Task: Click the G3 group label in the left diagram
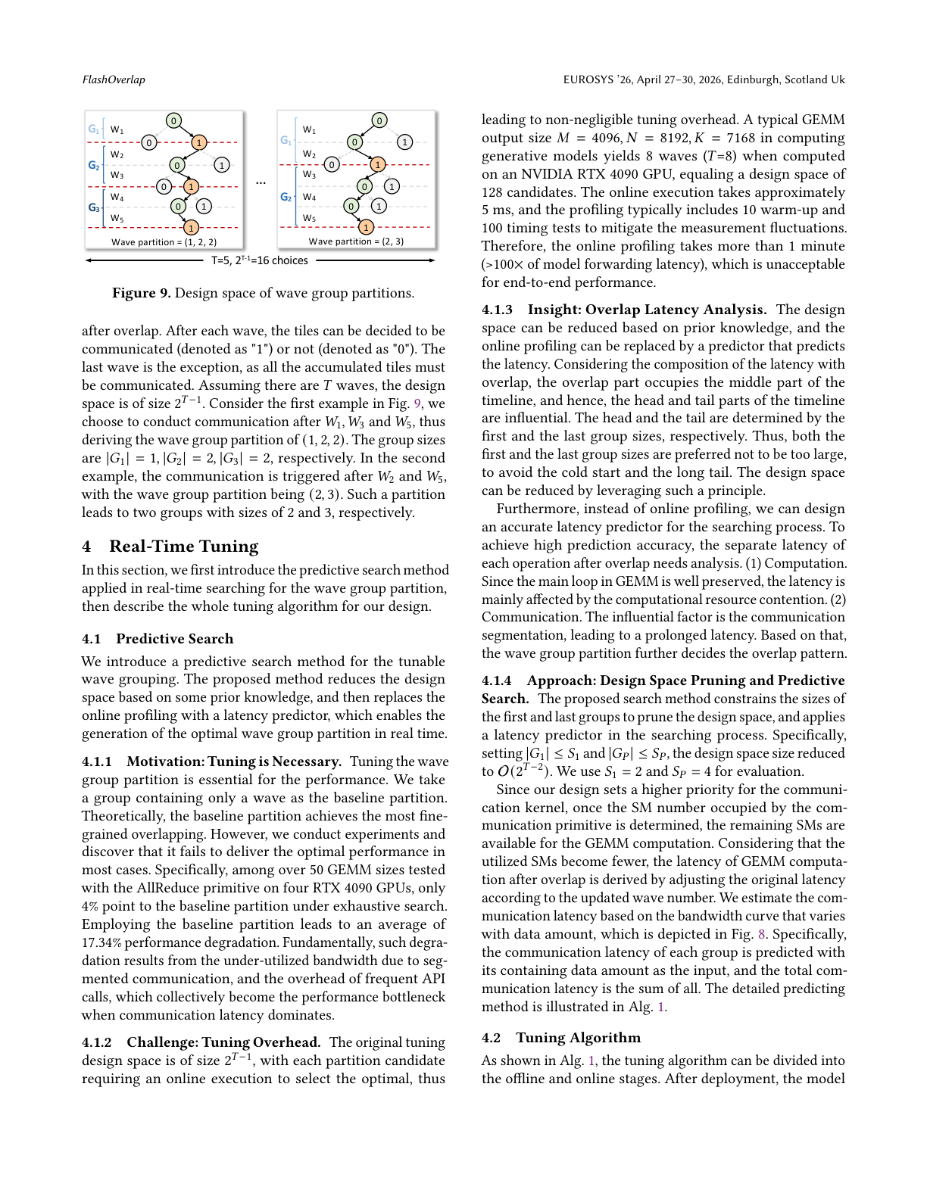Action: (x=94, y=207)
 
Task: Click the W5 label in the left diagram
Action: (x=117, y=219)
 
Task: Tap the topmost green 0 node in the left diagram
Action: (x=173, y=121)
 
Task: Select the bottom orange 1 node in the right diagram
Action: (x=367, y=227)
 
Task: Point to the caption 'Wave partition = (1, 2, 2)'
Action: (x=164, y=242)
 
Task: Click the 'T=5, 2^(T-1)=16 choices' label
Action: (x=259, y=260)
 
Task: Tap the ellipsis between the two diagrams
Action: (x=261, y=182)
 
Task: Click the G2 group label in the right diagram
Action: (x=286, y=197)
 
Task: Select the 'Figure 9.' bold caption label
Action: (x=141, y=293)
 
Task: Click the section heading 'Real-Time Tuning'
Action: (x=183, y=547)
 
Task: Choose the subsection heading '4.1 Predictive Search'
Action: (x=158, y=639)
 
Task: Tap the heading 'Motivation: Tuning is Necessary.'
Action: (x=234, y=761)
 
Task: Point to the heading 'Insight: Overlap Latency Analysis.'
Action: (x=647, y=310)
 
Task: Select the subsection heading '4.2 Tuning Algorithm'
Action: (x=561, y=1038)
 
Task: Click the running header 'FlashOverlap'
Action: (x=114, y=79)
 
